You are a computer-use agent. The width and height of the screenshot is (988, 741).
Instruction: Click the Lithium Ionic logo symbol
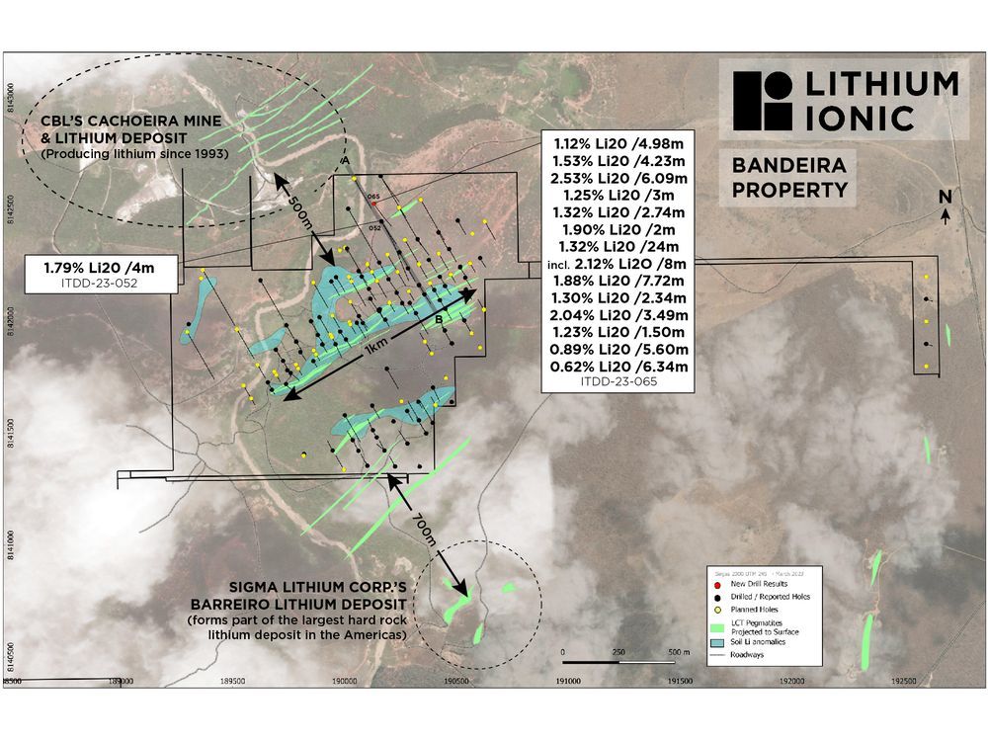pos(763,102)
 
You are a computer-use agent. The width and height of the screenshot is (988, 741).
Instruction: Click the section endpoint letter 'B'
pos(437,320)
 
